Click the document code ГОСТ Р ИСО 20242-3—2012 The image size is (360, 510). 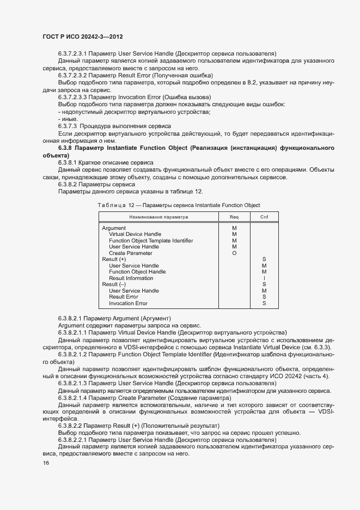(x=82, y=37)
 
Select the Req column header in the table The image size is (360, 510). (x=234, y=217)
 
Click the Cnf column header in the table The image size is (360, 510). (x=264, y=217)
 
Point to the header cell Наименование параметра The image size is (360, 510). (x=158, y=217)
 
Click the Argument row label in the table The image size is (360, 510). (x=114, y=228)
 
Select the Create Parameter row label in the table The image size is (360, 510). (x=131, y=253)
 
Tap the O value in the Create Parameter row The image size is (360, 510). (x=234, y=253)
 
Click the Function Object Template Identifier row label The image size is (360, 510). (x=151, y=241)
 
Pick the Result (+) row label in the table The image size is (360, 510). (x=114, y=259)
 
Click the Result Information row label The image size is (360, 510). (x=131, y=278)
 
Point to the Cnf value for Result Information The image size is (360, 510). (x=264, y=278)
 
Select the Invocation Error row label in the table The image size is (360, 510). (x=128, y=303)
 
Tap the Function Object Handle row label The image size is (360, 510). (x=137, y=272)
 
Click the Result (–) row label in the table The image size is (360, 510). (x=114, y=284)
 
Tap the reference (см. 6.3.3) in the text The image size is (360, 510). (x=321, y=348)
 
